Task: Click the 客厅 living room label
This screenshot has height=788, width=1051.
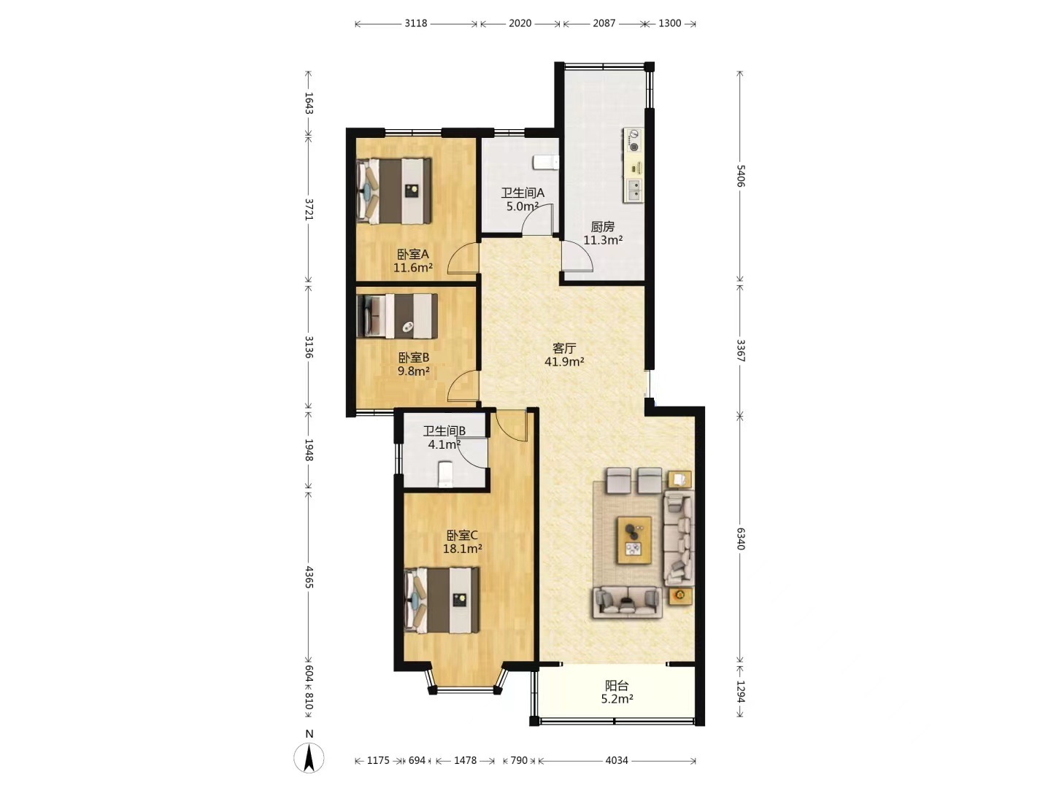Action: [x=563, y=348]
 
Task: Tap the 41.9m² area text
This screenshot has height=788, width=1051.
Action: [x=564, y=362]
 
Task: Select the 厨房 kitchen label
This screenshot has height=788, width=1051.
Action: [x=602, y=226]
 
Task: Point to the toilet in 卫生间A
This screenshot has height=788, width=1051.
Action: [x=545, y=162]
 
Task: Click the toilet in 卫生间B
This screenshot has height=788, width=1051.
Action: [x=445, y=474]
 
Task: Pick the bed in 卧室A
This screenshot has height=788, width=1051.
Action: [x=395, y=191]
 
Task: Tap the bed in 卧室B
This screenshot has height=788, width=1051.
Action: [x=397, y=316]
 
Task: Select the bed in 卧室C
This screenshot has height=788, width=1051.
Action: [x=442, y=600]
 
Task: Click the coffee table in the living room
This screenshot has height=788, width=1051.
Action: [x=634, y=540]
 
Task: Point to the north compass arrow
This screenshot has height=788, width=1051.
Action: [x=309, y=758]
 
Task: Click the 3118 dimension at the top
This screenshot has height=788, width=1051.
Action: [x=415, y=23]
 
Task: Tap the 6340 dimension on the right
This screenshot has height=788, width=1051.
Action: [x=740, y=538]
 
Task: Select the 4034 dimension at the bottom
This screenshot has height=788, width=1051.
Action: [x=616, y=760]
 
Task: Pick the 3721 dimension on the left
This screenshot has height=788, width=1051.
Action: [x=309, y=209]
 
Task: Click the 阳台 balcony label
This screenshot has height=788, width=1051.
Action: [x=617, y=686]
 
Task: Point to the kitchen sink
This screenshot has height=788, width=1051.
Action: [x=634, y=189]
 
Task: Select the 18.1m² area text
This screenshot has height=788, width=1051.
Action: [x=462, y=548]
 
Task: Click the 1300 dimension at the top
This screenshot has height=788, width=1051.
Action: [x=669, y=23]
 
